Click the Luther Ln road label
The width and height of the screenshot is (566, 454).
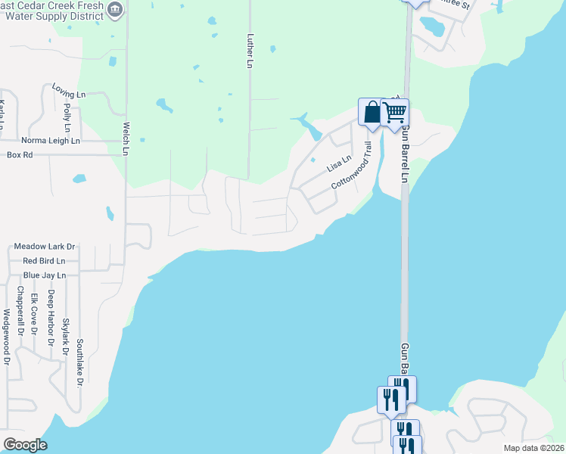coord(248,50)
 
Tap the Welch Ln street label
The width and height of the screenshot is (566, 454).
coord(126,139)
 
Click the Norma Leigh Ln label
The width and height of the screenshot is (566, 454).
coord(51,141)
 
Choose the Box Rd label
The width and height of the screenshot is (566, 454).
coord(20,154)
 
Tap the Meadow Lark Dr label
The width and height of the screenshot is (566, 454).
coord(45,247)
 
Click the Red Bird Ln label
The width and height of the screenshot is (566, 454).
coord(45,261)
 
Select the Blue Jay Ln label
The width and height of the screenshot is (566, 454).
coord(45,275)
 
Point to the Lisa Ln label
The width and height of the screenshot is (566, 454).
coord(339,163)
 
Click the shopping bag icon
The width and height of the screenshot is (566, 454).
coord(372,112)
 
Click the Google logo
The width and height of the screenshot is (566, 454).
coord(25,445)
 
